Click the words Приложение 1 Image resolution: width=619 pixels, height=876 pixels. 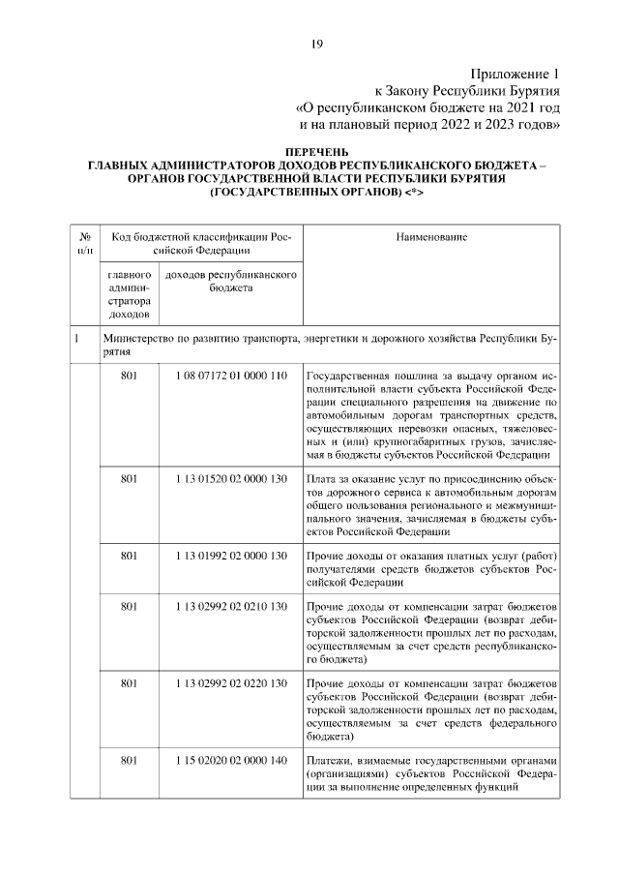point(516,74)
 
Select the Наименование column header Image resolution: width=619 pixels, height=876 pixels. point(431,236)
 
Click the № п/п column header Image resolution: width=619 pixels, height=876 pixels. point(84,243)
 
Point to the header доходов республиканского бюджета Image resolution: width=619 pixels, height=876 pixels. point(229,282)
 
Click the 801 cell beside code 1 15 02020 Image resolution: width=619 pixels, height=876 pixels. point(130,760)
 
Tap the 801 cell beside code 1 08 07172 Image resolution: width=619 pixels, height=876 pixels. point(130,375)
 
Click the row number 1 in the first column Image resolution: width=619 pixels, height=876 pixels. point(75,339)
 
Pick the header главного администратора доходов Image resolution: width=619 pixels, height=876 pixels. point(129,294)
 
